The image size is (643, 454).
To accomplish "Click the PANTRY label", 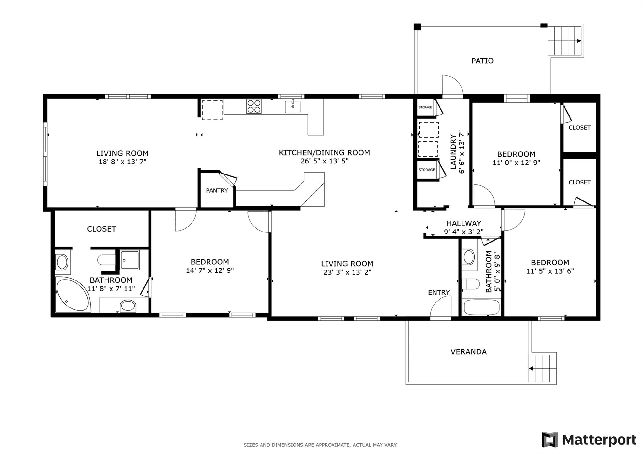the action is tap(217, 190).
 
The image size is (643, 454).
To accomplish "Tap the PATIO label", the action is tap(482, 61).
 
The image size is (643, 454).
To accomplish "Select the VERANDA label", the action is tap(468, 352).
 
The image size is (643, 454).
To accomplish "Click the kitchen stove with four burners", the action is tap(254, 106).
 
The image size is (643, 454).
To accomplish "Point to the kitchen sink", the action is tap(293, 107).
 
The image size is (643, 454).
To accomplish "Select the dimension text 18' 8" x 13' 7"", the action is tap(122, 162).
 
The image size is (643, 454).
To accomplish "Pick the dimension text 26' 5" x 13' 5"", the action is tap(324, 161).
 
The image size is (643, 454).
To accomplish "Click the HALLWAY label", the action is tap(464, 223).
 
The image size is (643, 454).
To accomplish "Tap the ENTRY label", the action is tap(439, 292).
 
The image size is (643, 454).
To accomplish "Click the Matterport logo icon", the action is tap(549, 440).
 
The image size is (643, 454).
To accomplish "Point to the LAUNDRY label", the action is tap(453, 152).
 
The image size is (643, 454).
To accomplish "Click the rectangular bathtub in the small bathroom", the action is tap(481, 307).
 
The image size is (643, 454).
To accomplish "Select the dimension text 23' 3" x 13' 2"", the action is tap(347, 272).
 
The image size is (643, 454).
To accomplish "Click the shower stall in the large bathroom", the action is tap(130, 260).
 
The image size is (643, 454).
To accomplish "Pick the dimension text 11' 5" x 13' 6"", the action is tap(550, 271).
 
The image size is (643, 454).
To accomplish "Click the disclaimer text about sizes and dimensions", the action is tap(320, 445).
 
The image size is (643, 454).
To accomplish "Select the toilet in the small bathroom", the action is tap(471, 284).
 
